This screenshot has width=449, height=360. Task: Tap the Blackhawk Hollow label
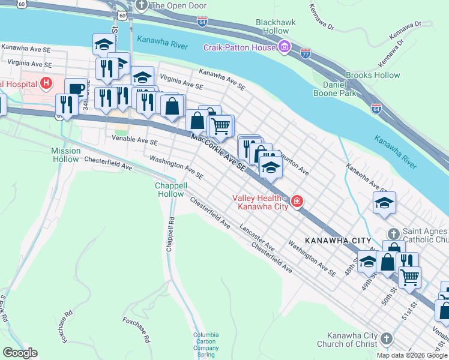[x=276, y=26]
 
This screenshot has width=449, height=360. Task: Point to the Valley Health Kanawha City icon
[x=297, y=202]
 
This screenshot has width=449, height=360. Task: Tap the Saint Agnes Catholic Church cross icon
[x=393, y=233]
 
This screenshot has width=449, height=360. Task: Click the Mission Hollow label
[x=65, y=155]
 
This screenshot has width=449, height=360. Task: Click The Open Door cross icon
[x=142, y=5]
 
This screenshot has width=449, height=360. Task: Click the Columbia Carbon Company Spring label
[x=205, y=345]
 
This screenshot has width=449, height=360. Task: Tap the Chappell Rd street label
[x=170, y=234]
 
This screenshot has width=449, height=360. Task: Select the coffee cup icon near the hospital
[x=76, y=89]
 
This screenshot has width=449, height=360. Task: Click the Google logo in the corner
[x=20, y=353]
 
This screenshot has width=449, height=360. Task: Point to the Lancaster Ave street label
[x=257, y=237]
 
